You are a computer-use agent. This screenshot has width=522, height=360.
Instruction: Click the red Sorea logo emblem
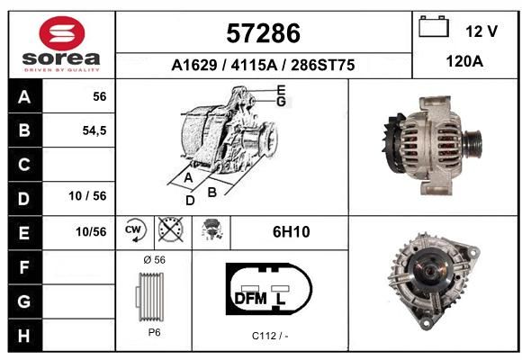pyautogui.click(x=62, y=33)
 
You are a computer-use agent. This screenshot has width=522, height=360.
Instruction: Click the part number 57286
pyautogui.click(x=263, y=33)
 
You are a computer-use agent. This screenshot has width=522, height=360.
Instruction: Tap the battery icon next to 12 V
pyautogui.click(x=434, y=26)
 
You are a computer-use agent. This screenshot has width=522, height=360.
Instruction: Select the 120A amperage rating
pyautogui.click(x=464, y=61)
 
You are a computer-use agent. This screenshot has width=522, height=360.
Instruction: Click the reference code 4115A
pyautogui.click(x=254, y=65)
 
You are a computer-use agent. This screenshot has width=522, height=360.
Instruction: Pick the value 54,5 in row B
pyautogui.click(x=94, y=130)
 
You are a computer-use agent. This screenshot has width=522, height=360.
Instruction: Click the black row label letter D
pyautogui.click(x=24, y=199)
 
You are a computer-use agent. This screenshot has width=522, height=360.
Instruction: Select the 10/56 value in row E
pyautogui.click(x=91, y=232)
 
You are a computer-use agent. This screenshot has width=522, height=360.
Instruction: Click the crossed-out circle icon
pyautogui.click(x=171, y=229)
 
